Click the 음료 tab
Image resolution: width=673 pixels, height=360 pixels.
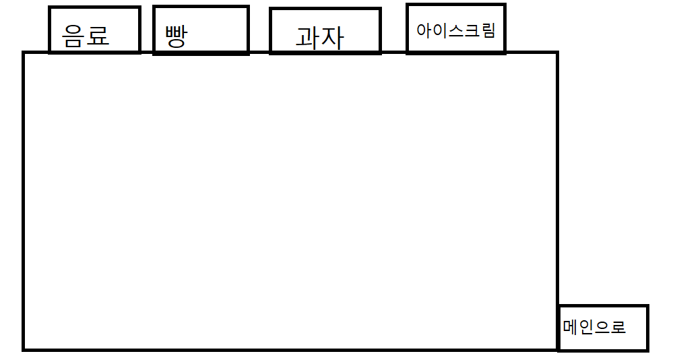click(x=94, y=30)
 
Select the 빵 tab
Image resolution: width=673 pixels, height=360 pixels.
click(x=201, y=30)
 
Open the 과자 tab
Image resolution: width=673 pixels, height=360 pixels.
click(x=325, y=31)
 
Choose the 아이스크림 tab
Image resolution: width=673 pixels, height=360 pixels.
click(x=456, y=28)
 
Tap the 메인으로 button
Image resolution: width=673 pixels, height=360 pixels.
click(x=603, y=328)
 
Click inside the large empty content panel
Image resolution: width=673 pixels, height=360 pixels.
click(x=290, y=202)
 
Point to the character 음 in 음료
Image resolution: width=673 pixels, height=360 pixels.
click(x=73, y=35)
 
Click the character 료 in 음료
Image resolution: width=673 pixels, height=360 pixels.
click(x=98, y=35)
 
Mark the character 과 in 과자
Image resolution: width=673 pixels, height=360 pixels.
click(x=307, y=38)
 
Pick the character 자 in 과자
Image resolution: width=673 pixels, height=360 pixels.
click(x=331, y=38)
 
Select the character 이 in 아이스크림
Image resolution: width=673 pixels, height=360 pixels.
click(x=440, y=30)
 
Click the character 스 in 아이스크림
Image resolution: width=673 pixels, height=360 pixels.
click(x=456, y=30)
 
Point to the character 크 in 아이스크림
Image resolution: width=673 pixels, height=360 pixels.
click(x=472, y=30)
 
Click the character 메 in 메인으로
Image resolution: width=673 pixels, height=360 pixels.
click(x=571, y=328)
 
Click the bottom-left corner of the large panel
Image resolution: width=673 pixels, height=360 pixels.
click(x=24, y=349)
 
